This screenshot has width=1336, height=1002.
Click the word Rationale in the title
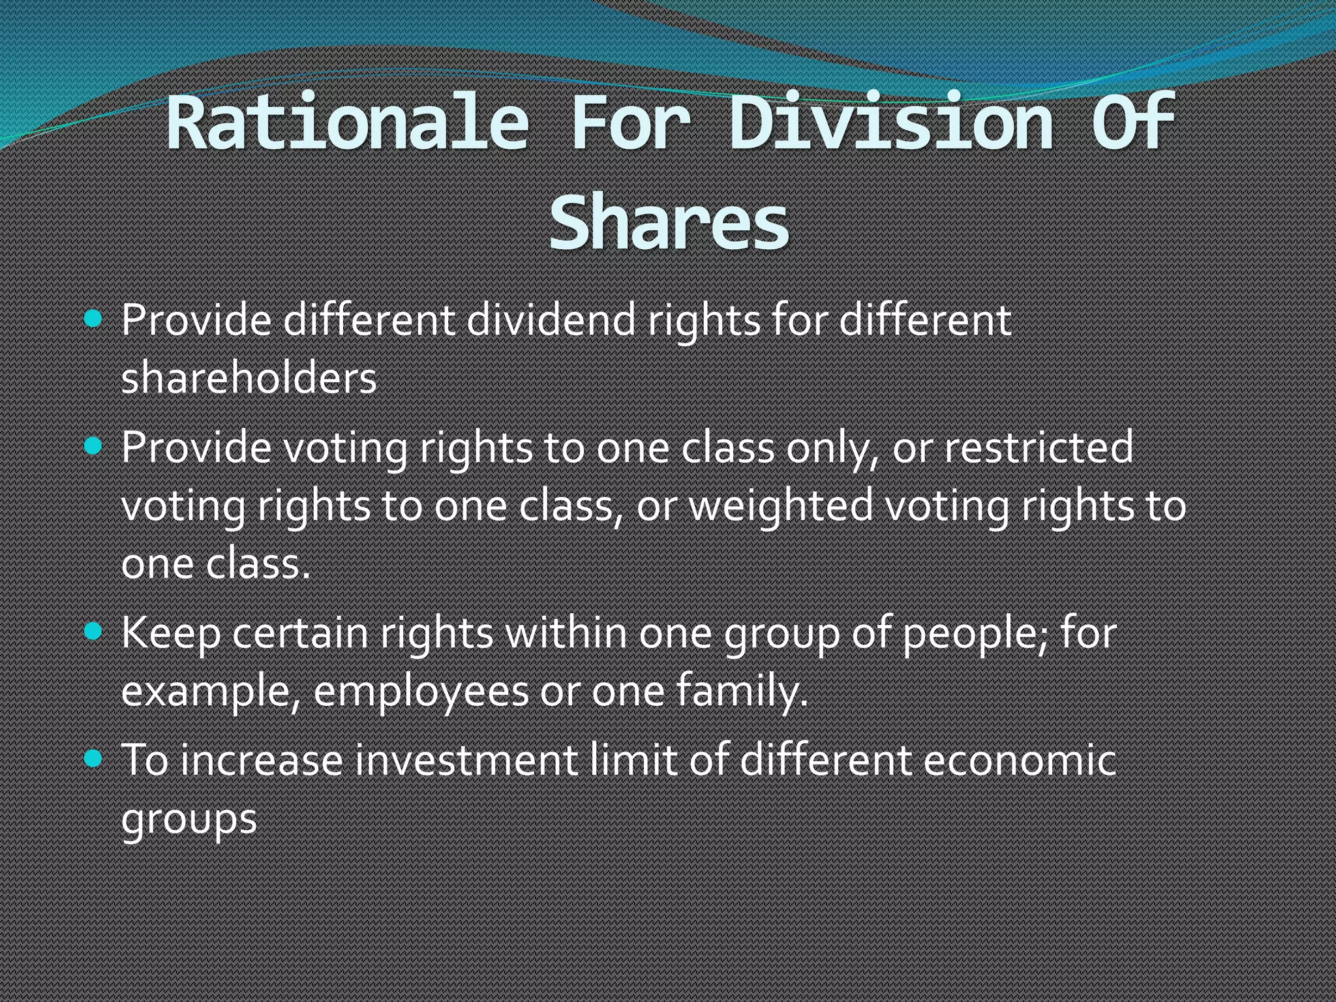348,122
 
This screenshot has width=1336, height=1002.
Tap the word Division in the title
891,122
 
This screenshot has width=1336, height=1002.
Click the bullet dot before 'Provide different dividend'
95,319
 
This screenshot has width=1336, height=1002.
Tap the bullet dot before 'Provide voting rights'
95,446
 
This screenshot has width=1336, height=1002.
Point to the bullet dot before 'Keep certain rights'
95,631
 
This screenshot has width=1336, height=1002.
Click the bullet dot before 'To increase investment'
95,759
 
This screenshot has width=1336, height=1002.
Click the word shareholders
249,378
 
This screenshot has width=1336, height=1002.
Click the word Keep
171,634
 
